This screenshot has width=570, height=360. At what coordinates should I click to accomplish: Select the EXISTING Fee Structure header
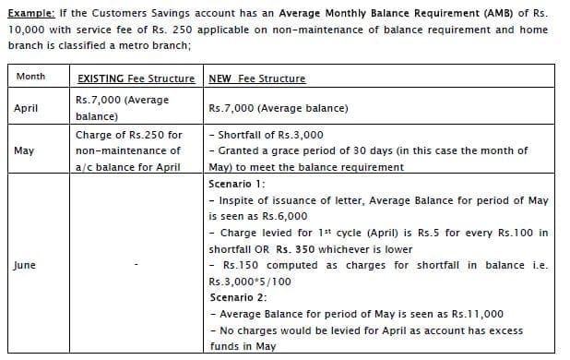coord(136,79)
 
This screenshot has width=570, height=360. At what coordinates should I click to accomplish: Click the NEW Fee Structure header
coord(257,79)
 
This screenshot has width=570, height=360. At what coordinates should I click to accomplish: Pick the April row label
coord(26,108)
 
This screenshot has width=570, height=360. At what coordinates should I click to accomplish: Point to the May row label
coord(25,150)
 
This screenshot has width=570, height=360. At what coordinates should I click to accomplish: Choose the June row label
coord(25,265)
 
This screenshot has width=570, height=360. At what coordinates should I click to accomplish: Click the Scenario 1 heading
coord(239,183)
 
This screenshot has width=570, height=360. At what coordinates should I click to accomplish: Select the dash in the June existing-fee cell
coord(136,266)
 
